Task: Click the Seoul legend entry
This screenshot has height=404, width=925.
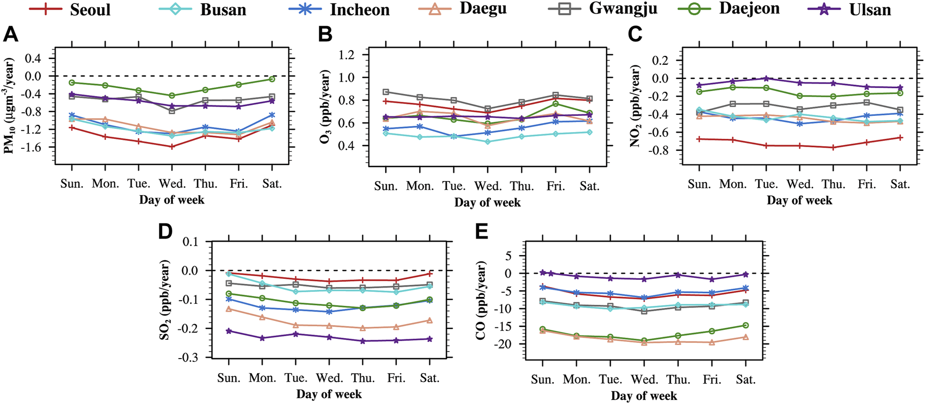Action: pos(70,9)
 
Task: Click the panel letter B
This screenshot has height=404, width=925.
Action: pos(325,34)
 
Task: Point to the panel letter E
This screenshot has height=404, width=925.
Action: pos(481,231)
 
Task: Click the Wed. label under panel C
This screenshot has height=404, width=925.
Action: pos(800,184)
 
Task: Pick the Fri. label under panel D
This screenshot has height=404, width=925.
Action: pos(396,378)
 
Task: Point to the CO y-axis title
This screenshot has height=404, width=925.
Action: pos(481,301)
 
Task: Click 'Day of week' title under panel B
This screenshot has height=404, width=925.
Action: pos(487,203)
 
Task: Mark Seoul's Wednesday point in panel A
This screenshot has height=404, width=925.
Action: pos(172,147)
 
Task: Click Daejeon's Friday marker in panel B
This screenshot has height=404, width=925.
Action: pos(555,104)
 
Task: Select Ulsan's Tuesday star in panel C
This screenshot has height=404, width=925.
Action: pos(766,78)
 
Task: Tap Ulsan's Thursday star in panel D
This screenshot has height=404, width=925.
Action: pos(363,341)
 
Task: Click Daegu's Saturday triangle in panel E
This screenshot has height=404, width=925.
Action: pos(745,337)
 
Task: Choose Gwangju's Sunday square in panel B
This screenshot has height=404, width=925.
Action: pos(386,92)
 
